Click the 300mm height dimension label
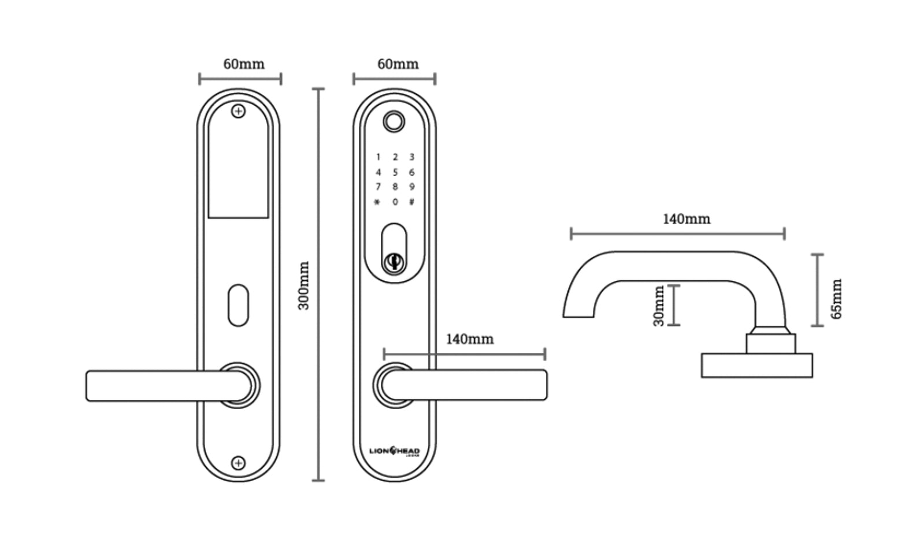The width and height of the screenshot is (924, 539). coord(304,285)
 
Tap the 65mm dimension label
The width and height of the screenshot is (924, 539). coord(836,299)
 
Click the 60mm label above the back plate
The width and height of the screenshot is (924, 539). coord(244,64)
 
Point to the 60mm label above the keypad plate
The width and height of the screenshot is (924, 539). coord(398,64)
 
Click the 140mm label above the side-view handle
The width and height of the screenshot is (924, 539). coord(686,220)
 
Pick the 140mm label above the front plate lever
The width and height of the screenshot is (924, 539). coord(469,339)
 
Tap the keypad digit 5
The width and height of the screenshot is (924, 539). coord(395,172)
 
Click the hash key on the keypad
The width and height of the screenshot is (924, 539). coord(411,202)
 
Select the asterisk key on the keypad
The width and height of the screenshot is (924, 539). coord(378,202)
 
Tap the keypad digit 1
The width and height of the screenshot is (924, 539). coord(378,157)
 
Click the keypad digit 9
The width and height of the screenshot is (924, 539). coord(411,187)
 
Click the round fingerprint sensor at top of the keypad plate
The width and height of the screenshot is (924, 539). coord(394,121)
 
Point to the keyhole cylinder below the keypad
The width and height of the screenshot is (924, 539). coord(394,262)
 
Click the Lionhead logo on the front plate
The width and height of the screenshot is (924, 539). coord(395,451)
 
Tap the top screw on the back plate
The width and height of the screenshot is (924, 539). coord(238,111)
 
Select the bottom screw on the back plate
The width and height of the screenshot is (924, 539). coord(238,463)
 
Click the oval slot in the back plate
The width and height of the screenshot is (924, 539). coord(238,304)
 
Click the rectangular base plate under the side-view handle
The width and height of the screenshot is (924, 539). coord(756,366)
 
